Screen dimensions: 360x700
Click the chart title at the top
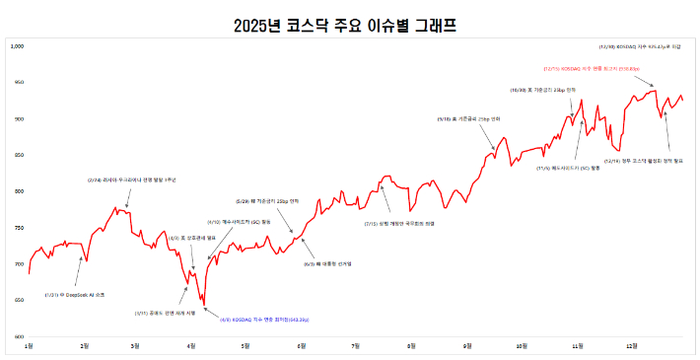351,24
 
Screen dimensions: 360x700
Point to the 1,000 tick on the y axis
16,46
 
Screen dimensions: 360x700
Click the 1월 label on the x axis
29,347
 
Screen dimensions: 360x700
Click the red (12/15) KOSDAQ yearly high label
592,69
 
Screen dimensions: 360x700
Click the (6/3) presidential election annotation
321,263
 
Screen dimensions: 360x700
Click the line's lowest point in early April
203,306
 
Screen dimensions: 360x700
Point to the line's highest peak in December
653,91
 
